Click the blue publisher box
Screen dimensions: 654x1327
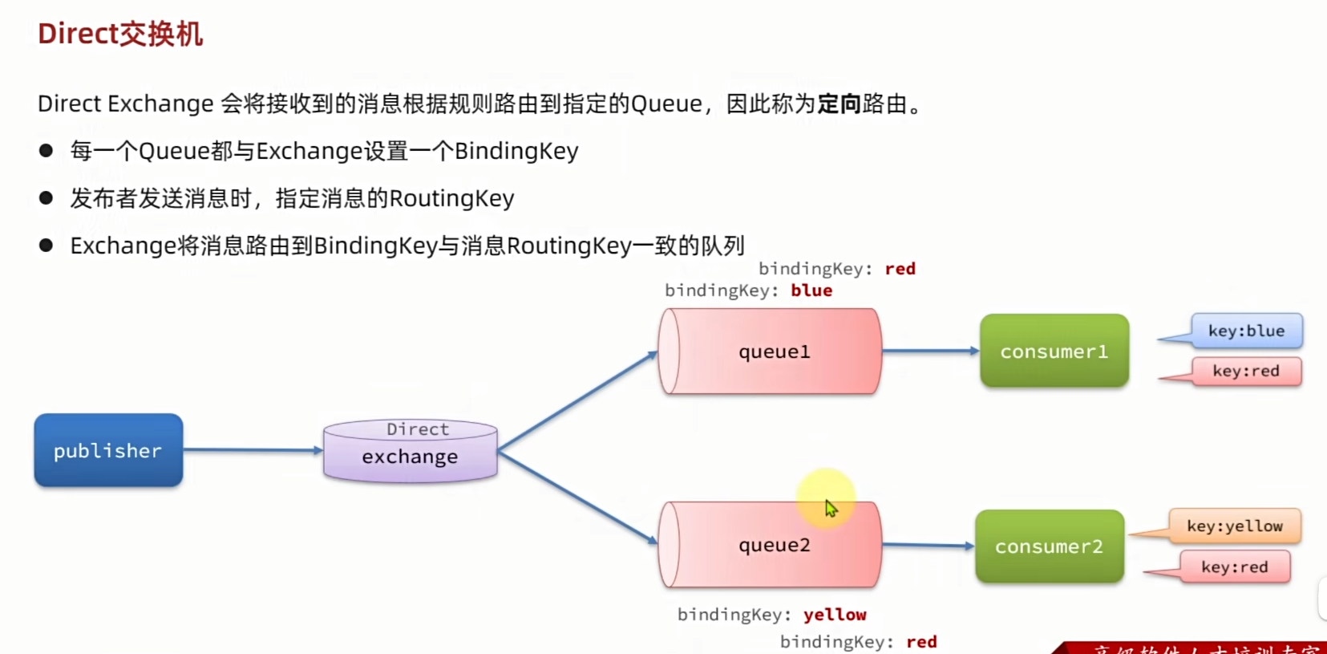click(108, 450)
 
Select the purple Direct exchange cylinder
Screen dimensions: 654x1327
click(410, 451)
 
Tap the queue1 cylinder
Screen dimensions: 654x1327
click(770, 351)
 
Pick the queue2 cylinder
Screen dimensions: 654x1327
click(770, 545)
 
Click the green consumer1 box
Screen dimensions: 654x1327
click(1054, 351)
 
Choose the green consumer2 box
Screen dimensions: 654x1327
click(1049, 546)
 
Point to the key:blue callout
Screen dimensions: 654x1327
click(1246, 331)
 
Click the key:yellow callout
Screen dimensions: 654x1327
click(1234, 526)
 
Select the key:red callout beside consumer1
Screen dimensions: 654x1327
click(1245, 371)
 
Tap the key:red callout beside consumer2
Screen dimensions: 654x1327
click(1234, 567)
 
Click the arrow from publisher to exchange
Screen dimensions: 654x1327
click(253, 450)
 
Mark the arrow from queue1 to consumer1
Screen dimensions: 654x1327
click(930, 351)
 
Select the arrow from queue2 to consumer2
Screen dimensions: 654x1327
click(928, 546)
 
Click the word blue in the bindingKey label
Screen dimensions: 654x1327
click(811, 290)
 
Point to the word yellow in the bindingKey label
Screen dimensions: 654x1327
click(835, 615)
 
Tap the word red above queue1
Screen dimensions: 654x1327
click(900, 269)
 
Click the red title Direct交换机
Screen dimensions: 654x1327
click(120, 34)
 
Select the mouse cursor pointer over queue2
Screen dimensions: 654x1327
click(830, 507)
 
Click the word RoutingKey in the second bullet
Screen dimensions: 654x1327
click(451, 198)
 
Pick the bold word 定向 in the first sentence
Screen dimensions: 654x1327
click(839, 104)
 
